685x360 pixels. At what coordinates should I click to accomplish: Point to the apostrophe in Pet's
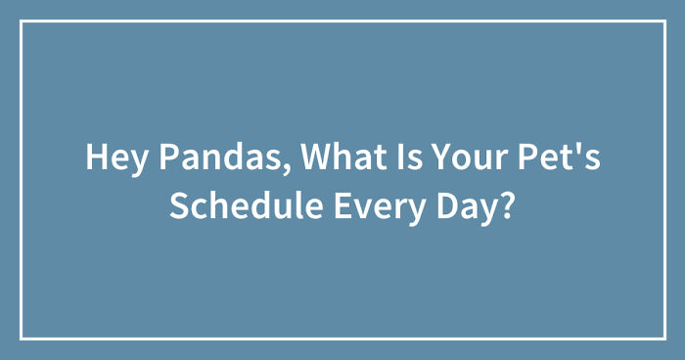(572, 148)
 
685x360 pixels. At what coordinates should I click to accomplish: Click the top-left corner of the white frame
(22, 22)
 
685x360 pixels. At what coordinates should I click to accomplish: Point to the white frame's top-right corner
(663, 22)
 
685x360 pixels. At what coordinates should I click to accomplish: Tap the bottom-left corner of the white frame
(22, 337)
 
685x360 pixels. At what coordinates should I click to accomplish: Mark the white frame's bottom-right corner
(663, 337)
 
